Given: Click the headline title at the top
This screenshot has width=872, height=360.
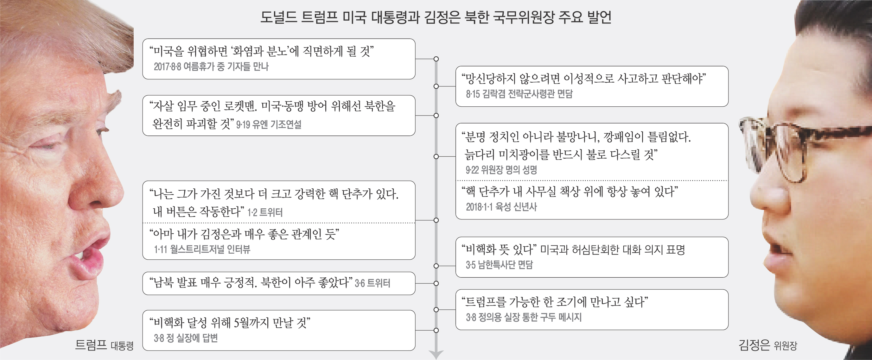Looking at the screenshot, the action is point(436,17).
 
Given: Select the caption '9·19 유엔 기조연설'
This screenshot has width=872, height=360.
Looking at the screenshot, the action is point(268,124).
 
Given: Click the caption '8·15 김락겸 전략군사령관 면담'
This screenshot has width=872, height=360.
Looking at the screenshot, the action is point(519,94).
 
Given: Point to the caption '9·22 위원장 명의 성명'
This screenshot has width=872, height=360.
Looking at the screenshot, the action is point(501,170).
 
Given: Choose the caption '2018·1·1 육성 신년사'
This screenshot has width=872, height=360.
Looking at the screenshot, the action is point(501,207).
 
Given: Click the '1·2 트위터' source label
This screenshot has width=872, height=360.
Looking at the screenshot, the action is point(265,212).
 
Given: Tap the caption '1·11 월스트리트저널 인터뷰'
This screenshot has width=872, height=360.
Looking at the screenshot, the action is point(202,250).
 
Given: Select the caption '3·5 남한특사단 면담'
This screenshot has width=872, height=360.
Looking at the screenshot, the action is point(499,265).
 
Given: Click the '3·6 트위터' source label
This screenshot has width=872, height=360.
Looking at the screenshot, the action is point(372,283).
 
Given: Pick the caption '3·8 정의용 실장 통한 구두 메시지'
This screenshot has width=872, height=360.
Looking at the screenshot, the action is point(523,317).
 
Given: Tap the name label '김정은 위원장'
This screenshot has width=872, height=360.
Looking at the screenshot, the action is point(768,345).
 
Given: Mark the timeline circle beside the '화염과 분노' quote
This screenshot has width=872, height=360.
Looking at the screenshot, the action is point(436,59).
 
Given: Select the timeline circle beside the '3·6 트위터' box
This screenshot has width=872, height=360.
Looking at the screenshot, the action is point(436,283).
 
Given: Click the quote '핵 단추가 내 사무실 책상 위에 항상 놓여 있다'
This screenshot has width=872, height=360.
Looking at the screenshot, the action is point(570,192).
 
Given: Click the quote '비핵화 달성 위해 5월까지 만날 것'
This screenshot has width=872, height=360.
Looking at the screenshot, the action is point(230,323).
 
